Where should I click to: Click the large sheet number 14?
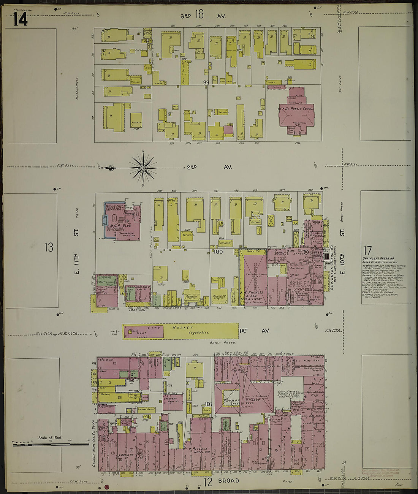(x=20, y=19)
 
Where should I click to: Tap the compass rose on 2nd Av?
(x=143, y=167)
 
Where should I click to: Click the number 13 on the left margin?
(x=49, y=247)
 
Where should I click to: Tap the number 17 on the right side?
(x=367, y=250)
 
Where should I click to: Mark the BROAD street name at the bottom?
(x=228, y=481)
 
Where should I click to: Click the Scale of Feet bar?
(x=51, y=443)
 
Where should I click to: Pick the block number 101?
(x=208, y=404)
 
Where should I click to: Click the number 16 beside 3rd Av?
(x=199, y=14)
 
